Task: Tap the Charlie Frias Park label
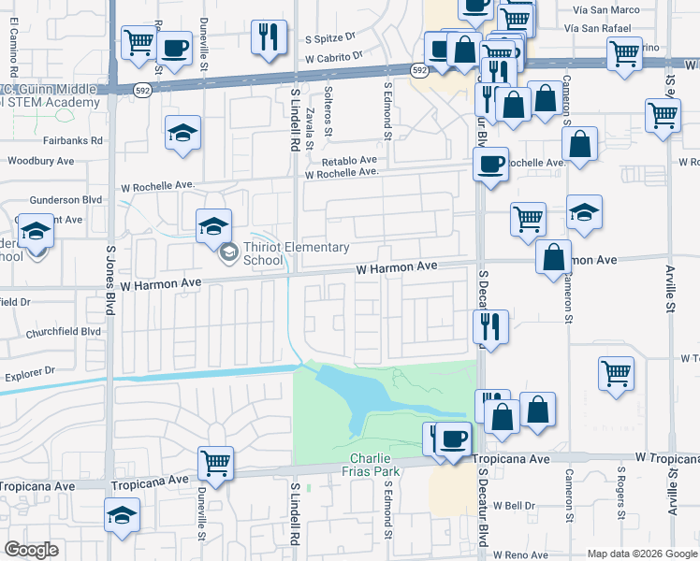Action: (374, 465)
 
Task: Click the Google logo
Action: (32, 550)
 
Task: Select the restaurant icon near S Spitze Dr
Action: (269, 37)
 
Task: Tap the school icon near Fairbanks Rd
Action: (182, 133)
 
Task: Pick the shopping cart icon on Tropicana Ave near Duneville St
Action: (216, 462)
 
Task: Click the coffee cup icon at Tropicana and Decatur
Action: (455, 439)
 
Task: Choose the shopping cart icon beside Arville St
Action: (663, 116)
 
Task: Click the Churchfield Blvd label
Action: (66, 331)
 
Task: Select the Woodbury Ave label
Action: (40, 161)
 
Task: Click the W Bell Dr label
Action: (514, 506)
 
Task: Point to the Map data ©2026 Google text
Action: (642, 554)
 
